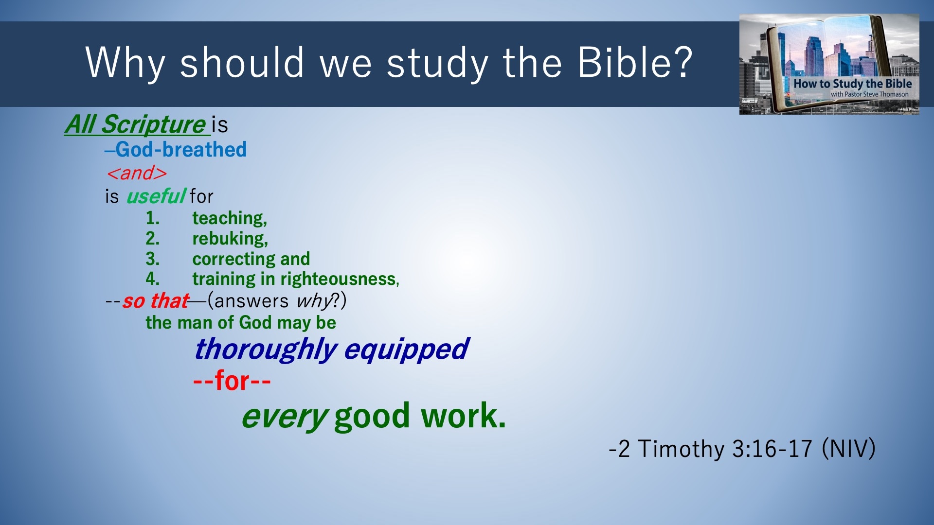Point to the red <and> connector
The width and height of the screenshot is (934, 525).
137,173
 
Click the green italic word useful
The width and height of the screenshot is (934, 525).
155,196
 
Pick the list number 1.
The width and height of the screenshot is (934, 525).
152,218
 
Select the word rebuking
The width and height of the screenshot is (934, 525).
230,239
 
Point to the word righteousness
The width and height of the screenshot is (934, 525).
340,279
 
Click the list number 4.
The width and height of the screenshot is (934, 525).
152,279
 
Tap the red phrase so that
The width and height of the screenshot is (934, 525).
155,301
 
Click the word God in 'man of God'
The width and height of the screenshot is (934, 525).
255,322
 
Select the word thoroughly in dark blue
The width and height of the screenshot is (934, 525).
266,350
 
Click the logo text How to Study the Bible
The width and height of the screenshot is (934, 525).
852,84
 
